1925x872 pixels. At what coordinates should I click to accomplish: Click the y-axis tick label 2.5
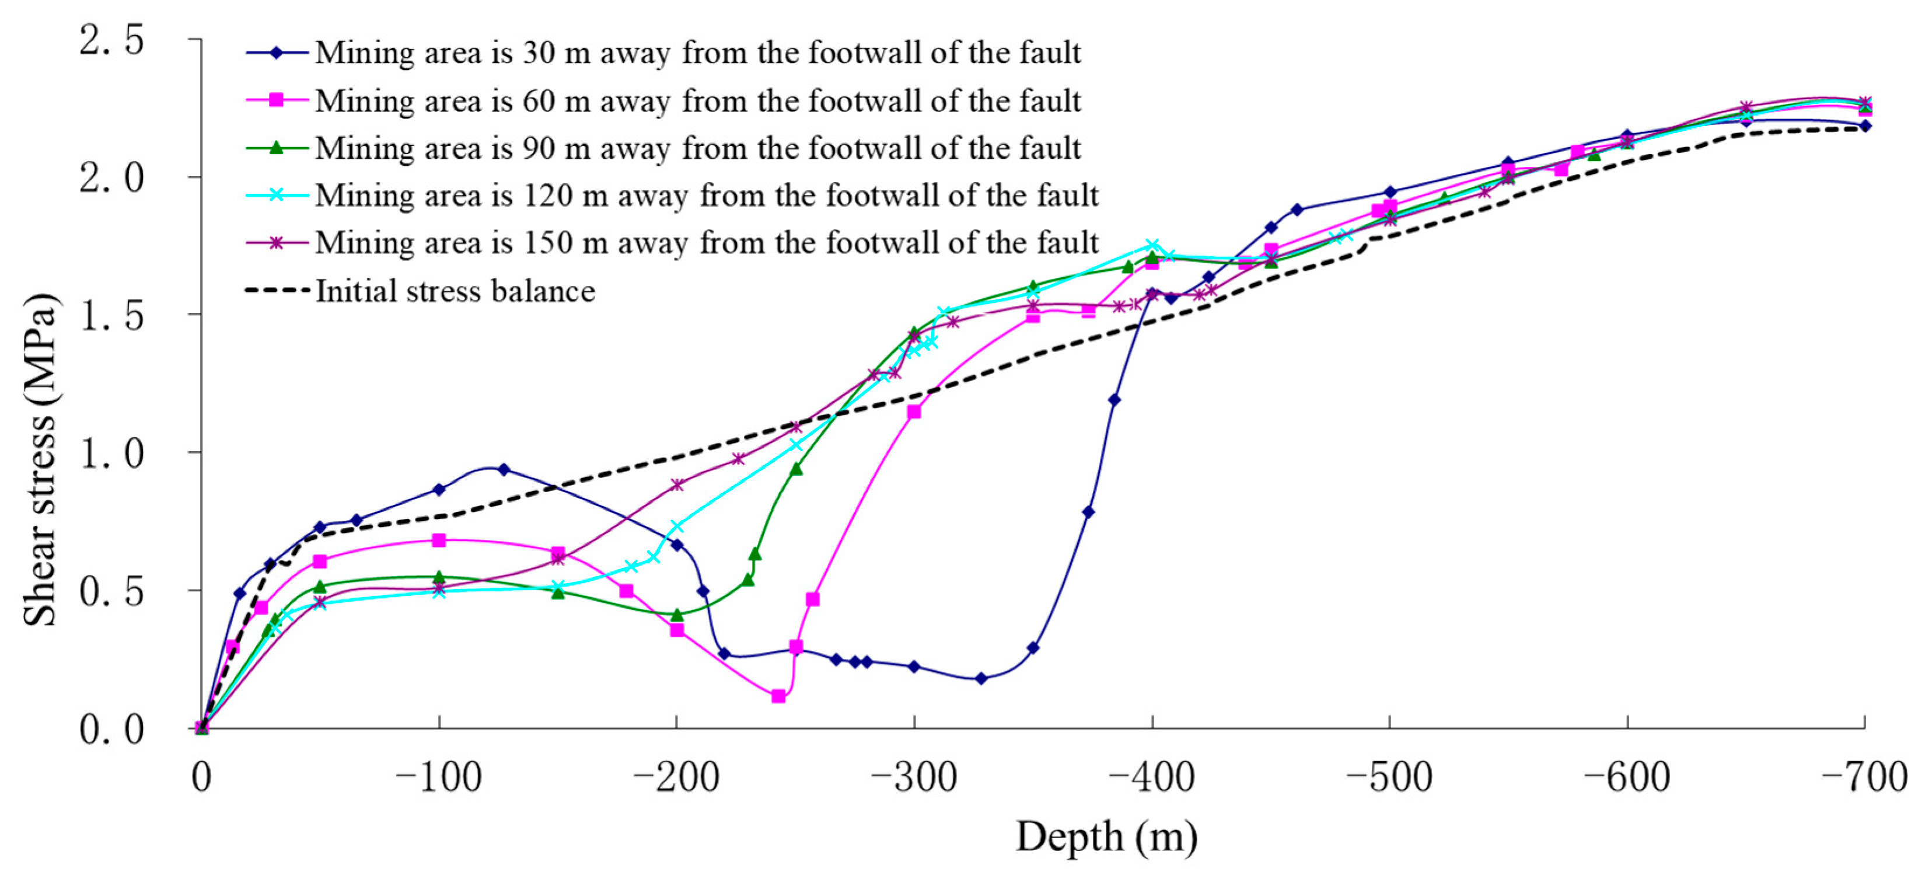(111, 40)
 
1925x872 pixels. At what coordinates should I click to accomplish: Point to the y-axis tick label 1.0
(111, 454)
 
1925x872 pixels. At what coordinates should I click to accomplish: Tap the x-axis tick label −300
(913, 777)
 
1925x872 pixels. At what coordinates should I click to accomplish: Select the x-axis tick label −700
(1864, 777)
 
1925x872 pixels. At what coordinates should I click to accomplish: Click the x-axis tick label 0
(201, 777)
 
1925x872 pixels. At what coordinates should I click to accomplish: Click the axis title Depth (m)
(1106, 837)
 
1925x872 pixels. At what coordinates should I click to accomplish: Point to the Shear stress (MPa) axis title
(39, 459)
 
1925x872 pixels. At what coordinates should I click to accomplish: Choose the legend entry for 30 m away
(697, 53)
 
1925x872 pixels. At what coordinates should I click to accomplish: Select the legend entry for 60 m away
(697, 101)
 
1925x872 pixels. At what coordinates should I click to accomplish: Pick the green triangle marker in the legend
(277, 147)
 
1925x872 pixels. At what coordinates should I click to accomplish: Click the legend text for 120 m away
(706, 196)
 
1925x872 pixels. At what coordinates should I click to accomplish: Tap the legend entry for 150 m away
(706, 243)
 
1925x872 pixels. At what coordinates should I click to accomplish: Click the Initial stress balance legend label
(455, 291)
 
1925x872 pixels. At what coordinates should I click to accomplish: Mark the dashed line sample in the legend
(277, 291)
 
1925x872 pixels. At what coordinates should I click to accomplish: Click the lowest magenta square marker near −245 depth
(778, 696)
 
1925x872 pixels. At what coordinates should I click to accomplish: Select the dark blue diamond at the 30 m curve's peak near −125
(504, 469)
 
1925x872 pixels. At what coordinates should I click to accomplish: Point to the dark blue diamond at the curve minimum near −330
(981, 678)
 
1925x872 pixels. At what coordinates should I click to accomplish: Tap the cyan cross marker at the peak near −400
(1152, 246)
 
